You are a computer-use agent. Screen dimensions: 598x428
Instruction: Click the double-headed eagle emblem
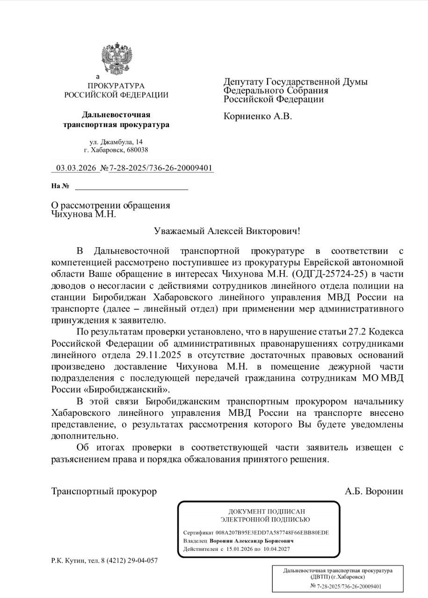click(x=116, y=58)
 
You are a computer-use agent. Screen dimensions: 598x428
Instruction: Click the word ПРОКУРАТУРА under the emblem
click(x=116, y=86)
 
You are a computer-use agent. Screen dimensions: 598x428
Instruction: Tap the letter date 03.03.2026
click(x=75, y=168)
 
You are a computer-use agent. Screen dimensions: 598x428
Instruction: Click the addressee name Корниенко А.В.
click(x=257, y=116)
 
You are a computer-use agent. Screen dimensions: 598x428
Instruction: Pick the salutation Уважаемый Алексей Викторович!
click(x=226, y=231)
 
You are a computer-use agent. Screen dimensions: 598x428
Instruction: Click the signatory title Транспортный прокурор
click(x=104, y=491)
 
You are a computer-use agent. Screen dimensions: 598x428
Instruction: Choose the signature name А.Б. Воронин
click(x=374, y=491)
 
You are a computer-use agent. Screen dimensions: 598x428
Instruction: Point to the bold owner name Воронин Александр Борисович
click(x=252, y=541)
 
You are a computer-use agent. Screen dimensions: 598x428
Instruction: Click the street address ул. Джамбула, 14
click(x=116, y=142)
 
